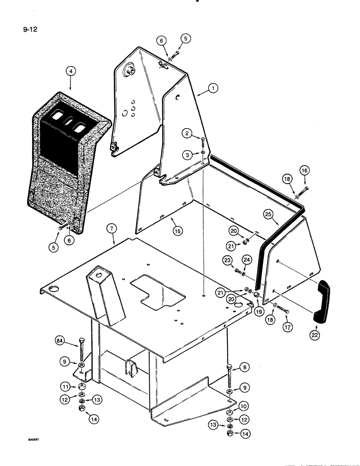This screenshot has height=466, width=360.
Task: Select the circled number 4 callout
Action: click(x=70, y=71)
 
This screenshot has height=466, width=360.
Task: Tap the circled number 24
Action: click(x=247, y=259)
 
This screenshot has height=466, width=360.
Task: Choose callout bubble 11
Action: click(x=65, y=386)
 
